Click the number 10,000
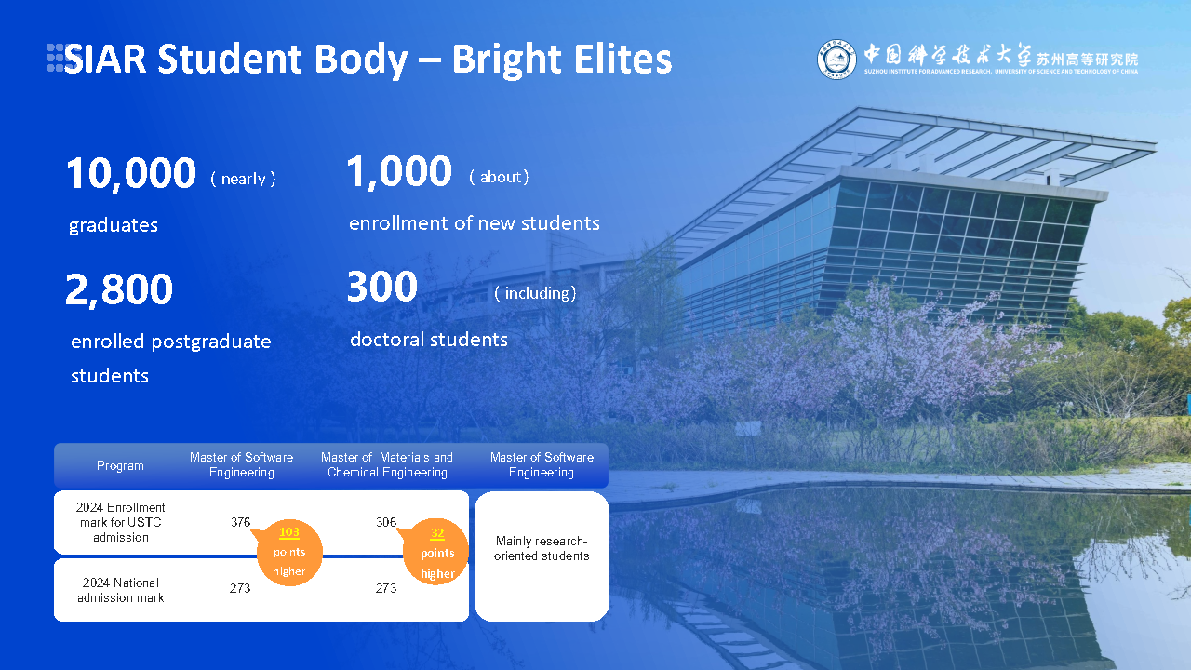coord(131,174)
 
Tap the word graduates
coord(114,225)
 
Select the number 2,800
coord(119,290)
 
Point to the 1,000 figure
coord(399,172)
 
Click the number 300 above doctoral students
coord(381,288)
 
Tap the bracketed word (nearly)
coord(243,179)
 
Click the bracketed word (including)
coord(535,293)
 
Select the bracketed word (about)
coord(499,177)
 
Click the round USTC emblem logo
coord(836,60)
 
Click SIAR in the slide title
coord(105,60)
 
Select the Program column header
coord(120,465)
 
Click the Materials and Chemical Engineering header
coord(387,464)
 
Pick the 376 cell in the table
coord(240,522)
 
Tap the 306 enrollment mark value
coord(386,522)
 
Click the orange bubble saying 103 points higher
coord(288,552)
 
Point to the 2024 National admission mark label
coord(121,590)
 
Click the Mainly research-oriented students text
coord(542,548)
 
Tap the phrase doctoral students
coord(429,340)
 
